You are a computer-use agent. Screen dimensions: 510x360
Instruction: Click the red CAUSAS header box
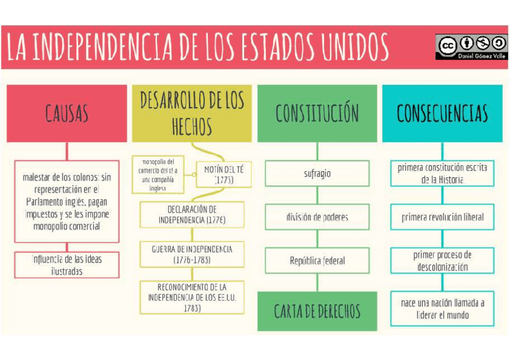point(67,113)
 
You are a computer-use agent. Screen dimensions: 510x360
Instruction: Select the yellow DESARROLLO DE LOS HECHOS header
point(192,113)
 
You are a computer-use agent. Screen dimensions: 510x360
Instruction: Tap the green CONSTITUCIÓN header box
point(317,113)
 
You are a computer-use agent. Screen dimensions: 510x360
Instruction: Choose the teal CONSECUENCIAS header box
point(442,113)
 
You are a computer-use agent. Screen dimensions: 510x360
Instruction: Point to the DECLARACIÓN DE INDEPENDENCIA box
point(192,215)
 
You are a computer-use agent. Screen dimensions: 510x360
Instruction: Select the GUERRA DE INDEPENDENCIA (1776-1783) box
point(192,254)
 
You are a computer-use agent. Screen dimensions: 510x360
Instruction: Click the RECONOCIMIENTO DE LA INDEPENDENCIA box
point(192,297)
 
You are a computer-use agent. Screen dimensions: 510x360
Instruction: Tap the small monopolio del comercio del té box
point(158,174)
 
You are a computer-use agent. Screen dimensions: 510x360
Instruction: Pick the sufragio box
point(317,174)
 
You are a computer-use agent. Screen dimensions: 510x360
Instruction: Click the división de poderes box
point(317,217)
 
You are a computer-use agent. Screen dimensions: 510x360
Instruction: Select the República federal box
point(317,261)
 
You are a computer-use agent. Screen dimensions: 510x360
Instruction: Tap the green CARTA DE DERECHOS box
point(317,311)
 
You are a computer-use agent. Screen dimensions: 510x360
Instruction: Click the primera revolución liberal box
point(442,217)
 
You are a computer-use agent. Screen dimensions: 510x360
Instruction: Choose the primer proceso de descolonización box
point(442,261)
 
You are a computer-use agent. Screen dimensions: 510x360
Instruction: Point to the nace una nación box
point(442,308)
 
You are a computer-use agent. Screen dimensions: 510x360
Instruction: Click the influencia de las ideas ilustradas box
point(67,265)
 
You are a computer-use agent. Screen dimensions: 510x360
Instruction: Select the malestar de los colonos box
point(67,201)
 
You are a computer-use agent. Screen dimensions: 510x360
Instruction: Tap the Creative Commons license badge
point(471,47)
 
